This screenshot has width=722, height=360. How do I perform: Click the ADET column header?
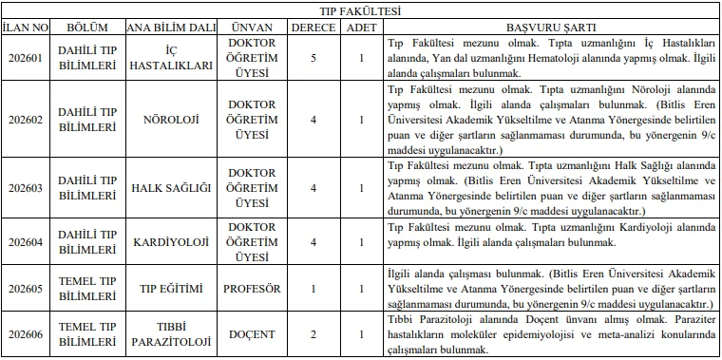360,28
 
